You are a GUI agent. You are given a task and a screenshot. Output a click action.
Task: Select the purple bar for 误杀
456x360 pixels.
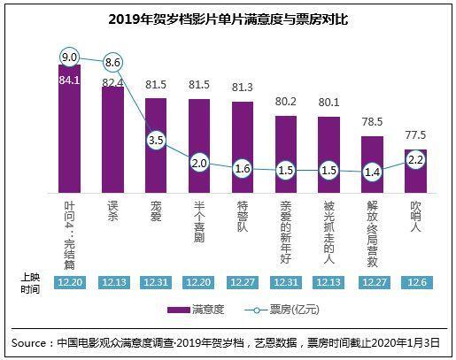(113, 137)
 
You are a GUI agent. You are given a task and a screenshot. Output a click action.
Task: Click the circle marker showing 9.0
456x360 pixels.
(70, 57)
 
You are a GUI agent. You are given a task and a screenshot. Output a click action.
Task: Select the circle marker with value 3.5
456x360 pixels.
(156, 140)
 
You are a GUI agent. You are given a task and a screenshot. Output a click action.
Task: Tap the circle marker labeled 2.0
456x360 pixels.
(199, 164)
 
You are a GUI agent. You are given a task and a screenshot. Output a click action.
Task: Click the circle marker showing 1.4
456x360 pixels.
(372, 172)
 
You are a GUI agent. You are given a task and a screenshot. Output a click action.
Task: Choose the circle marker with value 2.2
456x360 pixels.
(415, 160)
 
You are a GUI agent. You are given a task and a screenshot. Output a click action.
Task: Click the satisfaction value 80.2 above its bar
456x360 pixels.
(285, 101)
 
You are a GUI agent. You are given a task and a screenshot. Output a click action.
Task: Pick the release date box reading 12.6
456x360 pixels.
(415, 280)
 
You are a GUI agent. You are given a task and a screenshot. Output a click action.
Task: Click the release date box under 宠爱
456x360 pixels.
(156, 280)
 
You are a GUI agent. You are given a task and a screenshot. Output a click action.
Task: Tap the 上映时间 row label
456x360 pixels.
(30, 280)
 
